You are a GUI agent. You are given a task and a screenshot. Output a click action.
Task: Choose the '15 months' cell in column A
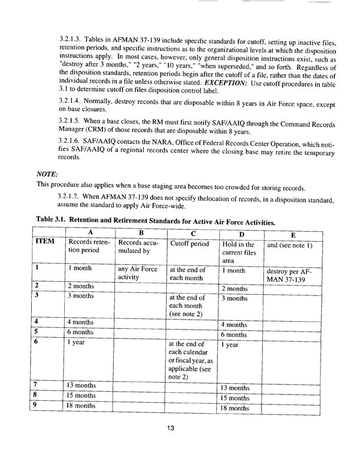coord(87,396)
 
